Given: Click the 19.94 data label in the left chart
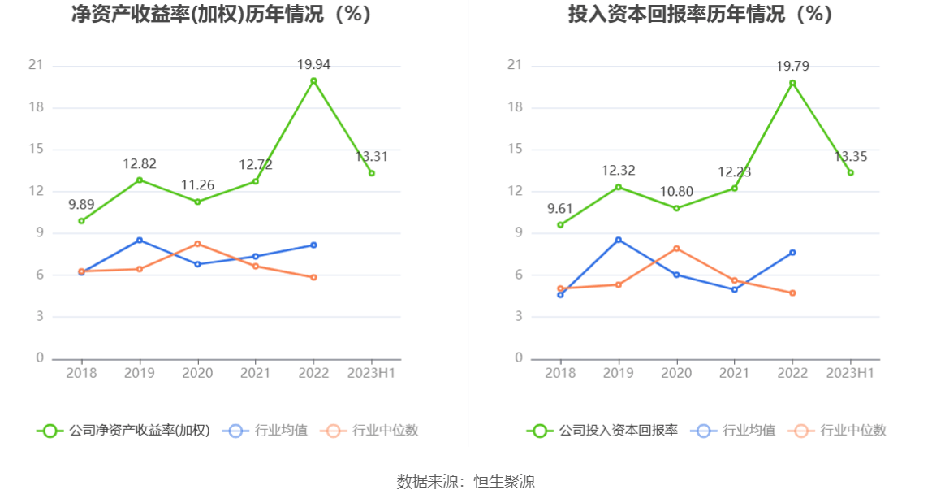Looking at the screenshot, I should coord(313,65).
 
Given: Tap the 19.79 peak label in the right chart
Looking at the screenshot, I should coord(792,67).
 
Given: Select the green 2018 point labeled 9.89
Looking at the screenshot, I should coord(81,221).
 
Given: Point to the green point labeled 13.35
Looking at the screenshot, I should coord(851,172).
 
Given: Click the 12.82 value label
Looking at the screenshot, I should coord(140,164).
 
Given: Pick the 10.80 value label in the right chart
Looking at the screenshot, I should coord(676,192).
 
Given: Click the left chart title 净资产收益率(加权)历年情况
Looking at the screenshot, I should coord(221,14).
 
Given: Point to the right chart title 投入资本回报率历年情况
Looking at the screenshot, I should coord(700,14).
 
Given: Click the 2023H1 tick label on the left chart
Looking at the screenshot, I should coord(371,373).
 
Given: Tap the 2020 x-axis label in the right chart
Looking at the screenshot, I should coord(676,373).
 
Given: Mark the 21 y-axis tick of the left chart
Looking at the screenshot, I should coord(36,66).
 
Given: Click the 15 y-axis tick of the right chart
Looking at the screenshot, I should coord(515,150).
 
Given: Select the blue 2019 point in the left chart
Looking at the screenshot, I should coord(140,240).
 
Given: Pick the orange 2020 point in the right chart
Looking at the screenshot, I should coord(676,249).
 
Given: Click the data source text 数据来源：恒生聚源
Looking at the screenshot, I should coord(466,481).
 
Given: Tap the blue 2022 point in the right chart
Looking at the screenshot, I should coord(792,253).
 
